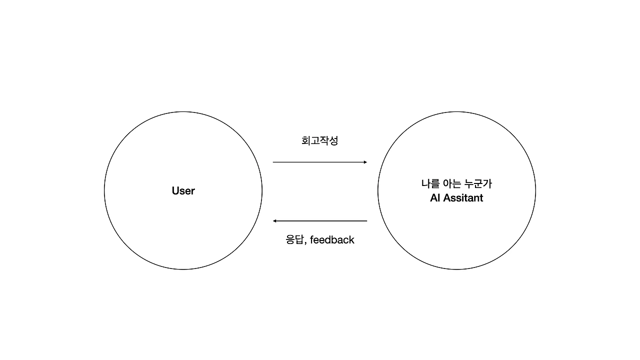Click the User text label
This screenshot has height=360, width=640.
(x=183, y=190)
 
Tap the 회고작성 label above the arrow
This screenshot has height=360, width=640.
(x=319, y=140)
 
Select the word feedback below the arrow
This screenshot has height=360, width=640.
(x=332, y=240)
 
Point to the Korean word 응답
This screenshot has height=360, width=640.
(x=294, y=240)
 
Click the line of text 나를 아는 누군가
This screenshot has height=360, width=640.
(x=456, y=183)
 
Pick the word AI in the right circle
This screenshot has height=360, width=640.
(x=434, y=198)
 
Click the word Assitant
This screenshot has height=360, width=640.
(x=463, y=198)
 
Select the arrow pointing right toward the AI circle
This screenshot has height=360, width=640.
(x=319, y=162)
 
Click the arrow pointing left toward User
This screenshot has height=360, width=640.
(x=319, y=221)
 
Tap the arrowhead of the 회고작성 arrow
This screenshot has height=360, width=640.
(x=365, y=162)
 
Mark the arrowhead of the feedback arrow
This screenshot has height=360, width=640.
(x=275, y=221)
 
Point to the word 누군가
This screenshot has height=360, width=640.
(x=478, y=183)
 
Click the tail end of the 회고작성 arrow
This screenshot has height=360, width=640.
(x=274, y=162)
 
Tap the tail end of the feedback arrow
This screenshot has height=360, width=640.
(x=366, y=221)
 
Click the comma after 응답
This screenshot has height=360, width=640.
(x=305, y=243)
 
